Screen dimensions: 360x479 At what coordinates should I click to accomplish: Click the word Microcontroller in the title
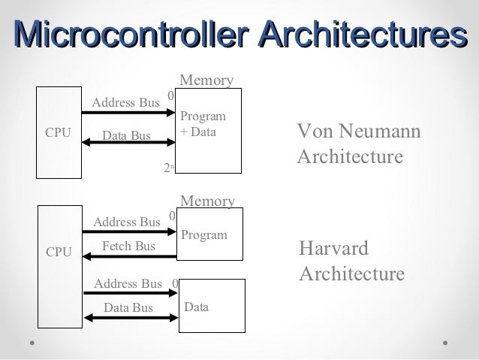coord(132,37)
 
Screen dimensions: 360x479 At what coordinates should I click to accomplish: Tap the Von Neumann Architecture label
coord(359,146)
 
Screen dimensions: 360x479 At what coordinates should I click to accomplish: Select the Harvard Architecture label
coord(351,261)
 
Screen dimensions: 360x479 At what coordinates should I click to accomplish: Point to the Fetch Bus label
coord(128,247)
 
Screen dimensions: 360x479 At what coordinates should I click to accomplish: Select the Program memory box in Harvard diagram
coord(211,234)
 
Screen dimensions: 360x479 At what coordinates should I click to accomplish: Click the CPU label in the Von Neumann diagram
coord(58,133)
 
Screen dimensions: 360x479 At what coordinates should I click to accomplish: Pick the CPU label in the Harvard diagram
coord(59,253)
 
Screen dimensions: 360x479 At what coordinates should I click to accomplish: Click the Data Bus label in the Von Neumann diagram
coord(126,135)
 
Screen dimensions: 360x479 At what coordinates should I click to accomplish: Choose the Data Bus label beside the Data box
coord(128,307)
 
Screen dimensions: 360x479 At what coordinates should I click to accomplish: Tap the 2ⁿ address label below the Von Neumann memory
coord(169,169)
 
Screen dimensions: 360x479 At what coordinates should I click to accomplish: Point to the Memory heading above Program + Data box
coord(206,80)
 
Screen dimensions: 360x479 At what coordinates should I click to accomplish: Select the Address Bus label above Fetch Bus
coord(127,222)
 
